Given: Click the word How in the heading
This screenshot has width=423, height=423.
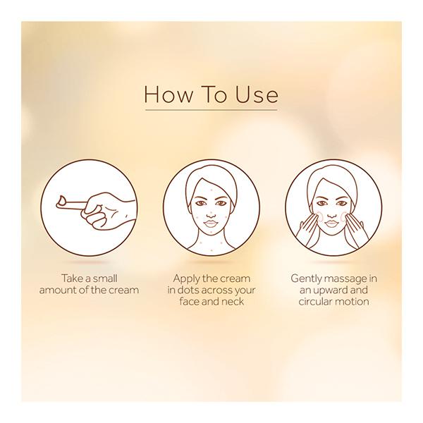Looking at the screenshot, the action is pos(168,94).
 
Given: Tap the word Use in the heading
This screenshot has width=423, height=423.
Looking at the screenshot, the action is pos(257,94).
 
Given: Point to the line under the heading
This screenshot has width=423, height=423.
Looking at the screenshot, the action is pos(211,110).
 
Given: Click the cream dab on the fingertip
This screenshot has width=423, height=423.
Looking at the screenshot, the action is pos(62,200).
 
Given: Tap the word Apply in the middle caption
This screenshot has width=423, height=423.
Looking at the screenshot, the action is pos(186,279).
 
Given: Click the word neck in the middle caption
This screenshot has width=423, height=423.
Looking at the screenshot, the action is pos(233,301).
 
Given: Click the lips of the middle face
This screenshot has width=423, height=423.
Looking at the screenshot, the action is pos(211,223).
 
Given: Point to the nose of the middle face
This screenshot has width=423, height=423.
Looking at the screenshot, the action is pos(211,214).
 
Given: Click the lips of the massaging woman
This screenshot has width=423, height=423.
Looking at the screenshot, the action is pos(332,223).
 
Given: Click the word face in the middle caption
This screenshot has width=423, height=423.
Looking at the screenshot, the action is pos(190,301).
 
